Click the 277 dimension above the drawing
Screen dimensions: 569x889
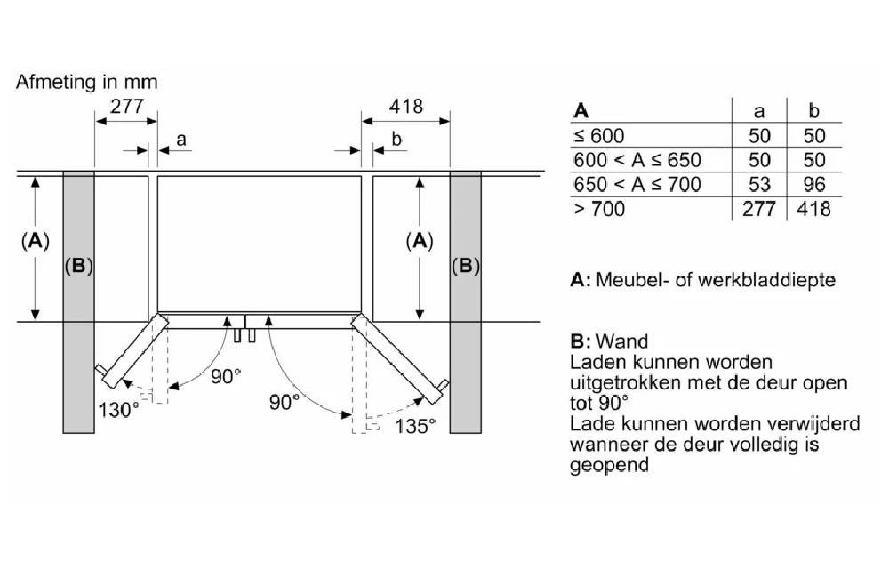[x=125, y=107]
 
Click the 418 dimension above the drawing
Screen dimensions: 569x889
[x=406, y=107]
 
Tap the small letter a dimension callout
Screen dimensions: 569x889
[x=181, y=139]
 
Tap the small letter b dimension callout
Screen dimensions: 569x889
[x=396, y=139]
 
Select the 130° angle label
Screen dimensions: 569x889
[x=118, y=410]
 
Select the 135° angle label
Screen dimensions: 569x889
[x=415, y=425]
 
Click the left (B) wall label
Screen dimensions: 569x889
[x=78, y=266]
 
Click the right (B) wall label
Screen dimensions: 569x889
[x=465, y=266]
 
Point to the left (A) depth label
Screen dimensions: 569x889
[x=35, y=240]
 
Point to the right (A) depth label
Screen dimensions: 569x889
[x=419, y=240]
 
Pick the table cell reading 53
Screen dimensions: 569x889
[x=759, y=185]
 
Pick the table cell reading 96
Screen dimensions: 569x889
[x=813, y=185]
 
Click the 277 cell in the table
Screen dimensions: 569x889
[x=759, y=210]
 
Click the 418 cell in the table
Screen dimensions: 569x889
[x=813, y=210]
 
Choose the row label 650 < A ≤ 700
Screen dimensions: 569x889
[x=637, y=185]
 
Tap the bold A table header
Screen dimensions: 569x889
[x=581, y=111]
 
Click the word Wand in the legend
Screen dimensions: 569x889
[x=622, y=341]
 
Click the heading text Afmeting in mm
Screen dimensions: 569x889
[x=87, y=82]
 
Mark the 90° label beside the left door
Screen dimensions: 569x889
[x=226, y=376]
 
